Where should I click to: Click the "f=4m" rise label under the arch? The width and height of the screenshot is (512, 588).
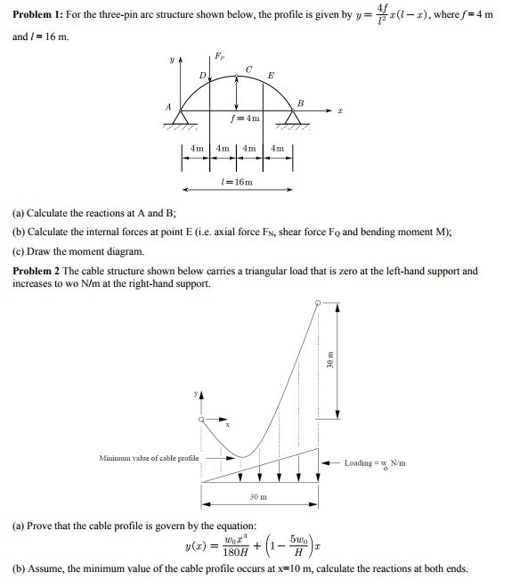245,118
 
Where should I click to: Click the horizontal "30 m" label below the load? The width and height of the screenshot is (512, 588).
258,496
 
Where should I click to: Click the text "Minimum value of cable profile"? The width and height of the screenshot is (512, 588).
149,458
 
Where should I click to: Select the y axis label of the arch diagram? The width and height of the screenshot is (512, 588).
160,62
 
